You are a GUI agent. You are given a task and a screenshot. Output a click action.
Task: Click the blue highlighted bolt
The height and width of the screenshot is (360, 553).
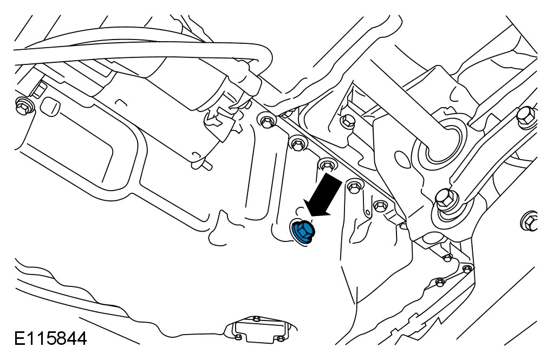tap(302, 232)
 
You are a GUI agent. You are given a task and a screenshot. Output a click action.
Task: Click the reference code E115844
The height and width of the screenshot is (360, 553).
tap(50, 340)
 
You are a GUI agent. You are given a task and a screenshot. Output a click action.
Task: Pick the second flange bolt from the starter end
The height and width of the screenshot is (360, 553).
tap(297, 143)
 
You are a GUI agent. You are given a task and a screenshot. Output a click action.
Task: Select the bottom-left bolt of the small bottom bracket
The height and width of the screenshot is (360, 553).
tap(238, 337)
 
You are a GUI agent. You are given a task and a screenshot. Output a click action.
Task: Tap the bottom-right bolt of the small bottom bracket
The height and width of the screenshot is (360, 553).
tap(279, 339)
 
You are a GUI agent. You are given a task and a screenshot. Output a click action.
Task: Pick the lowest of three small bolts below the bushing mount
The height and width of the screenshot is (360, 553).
tap(440, 282)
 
